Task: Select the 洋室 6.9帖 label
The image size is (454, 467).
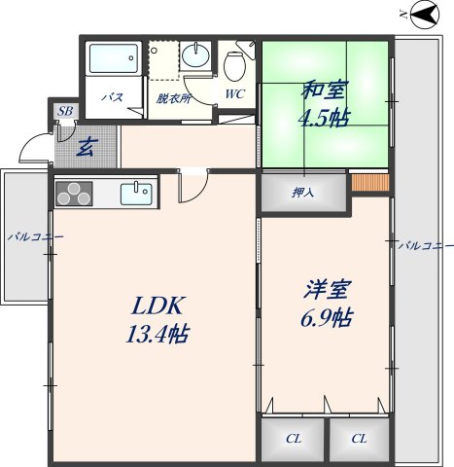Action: point(325,305)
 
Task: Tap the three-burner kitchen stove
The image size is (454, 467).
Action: point(74,193)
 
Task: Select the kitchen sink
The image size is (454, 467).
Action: point(136,192)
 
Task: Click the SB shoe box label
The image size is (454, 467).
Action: point(65,112)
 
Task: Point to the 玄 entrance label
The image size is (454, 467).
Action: point(86,148)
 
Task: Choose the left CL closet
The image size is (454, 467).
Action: point(293,439)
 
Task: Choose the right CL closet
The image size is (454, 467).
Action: point(359,439)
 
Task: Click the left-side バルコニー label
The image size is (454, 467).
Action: point(35,236)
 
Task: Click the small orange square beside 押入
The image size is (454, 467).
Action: point(369,182)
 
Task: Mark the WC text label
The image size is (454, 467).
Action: point(234,94)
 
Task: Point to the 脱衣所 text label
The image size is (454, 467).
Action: point(173,97)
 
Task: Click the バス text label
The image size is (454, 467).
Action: point(113,97)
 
